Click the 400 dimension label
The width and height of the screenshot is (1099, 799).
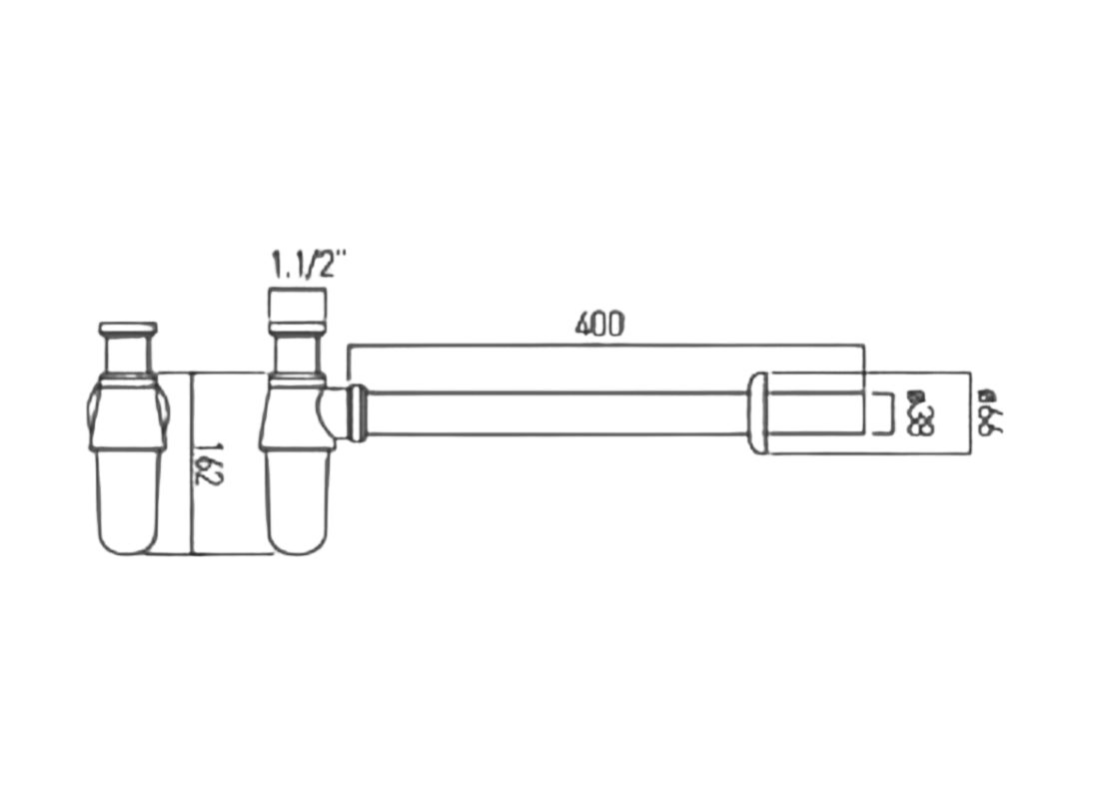599,324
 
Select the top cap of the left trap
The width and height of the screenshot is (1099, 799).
128,329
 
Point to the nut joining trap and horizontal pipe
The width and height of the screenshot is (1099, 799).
355,410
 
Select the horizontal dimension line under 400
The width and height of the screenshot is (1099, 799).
604,346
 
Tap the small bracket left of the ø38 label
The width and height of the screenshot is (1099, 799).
883,413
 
